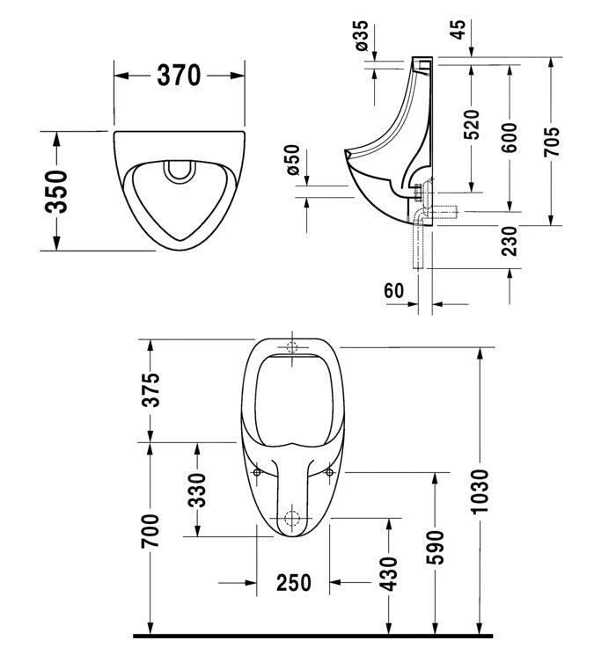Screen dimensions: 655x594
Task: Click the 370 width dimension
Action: click(180, 76)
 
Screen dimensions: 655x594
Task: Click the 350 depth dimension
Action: click(57, 191)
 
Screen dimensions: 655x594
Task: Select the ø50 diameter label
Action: click(293, 161)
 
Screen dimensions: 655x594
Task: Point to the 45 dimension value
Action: click(458, 29)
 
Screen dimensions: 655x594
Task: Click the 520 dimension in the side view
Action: click(472, 125)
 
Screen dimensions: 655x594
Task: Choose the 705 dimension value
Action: click(552, 141)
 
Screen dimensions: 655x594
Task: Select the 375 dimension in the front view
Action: click(151, 390)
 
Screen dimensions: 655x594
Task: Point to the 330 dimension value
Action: click(197, 490)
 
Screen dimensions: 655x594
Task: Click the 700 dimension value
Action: click(151, 532)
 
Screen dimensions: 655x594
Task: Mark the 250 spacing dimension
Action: click(294, 583)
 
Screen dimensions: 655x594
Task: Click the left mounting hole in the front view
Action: click(257, 473)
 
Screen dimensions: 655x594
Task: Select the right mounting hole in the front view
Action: click(330, 473)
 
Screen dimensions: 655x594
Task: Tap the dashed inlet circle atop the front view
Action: click(293, 346)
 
